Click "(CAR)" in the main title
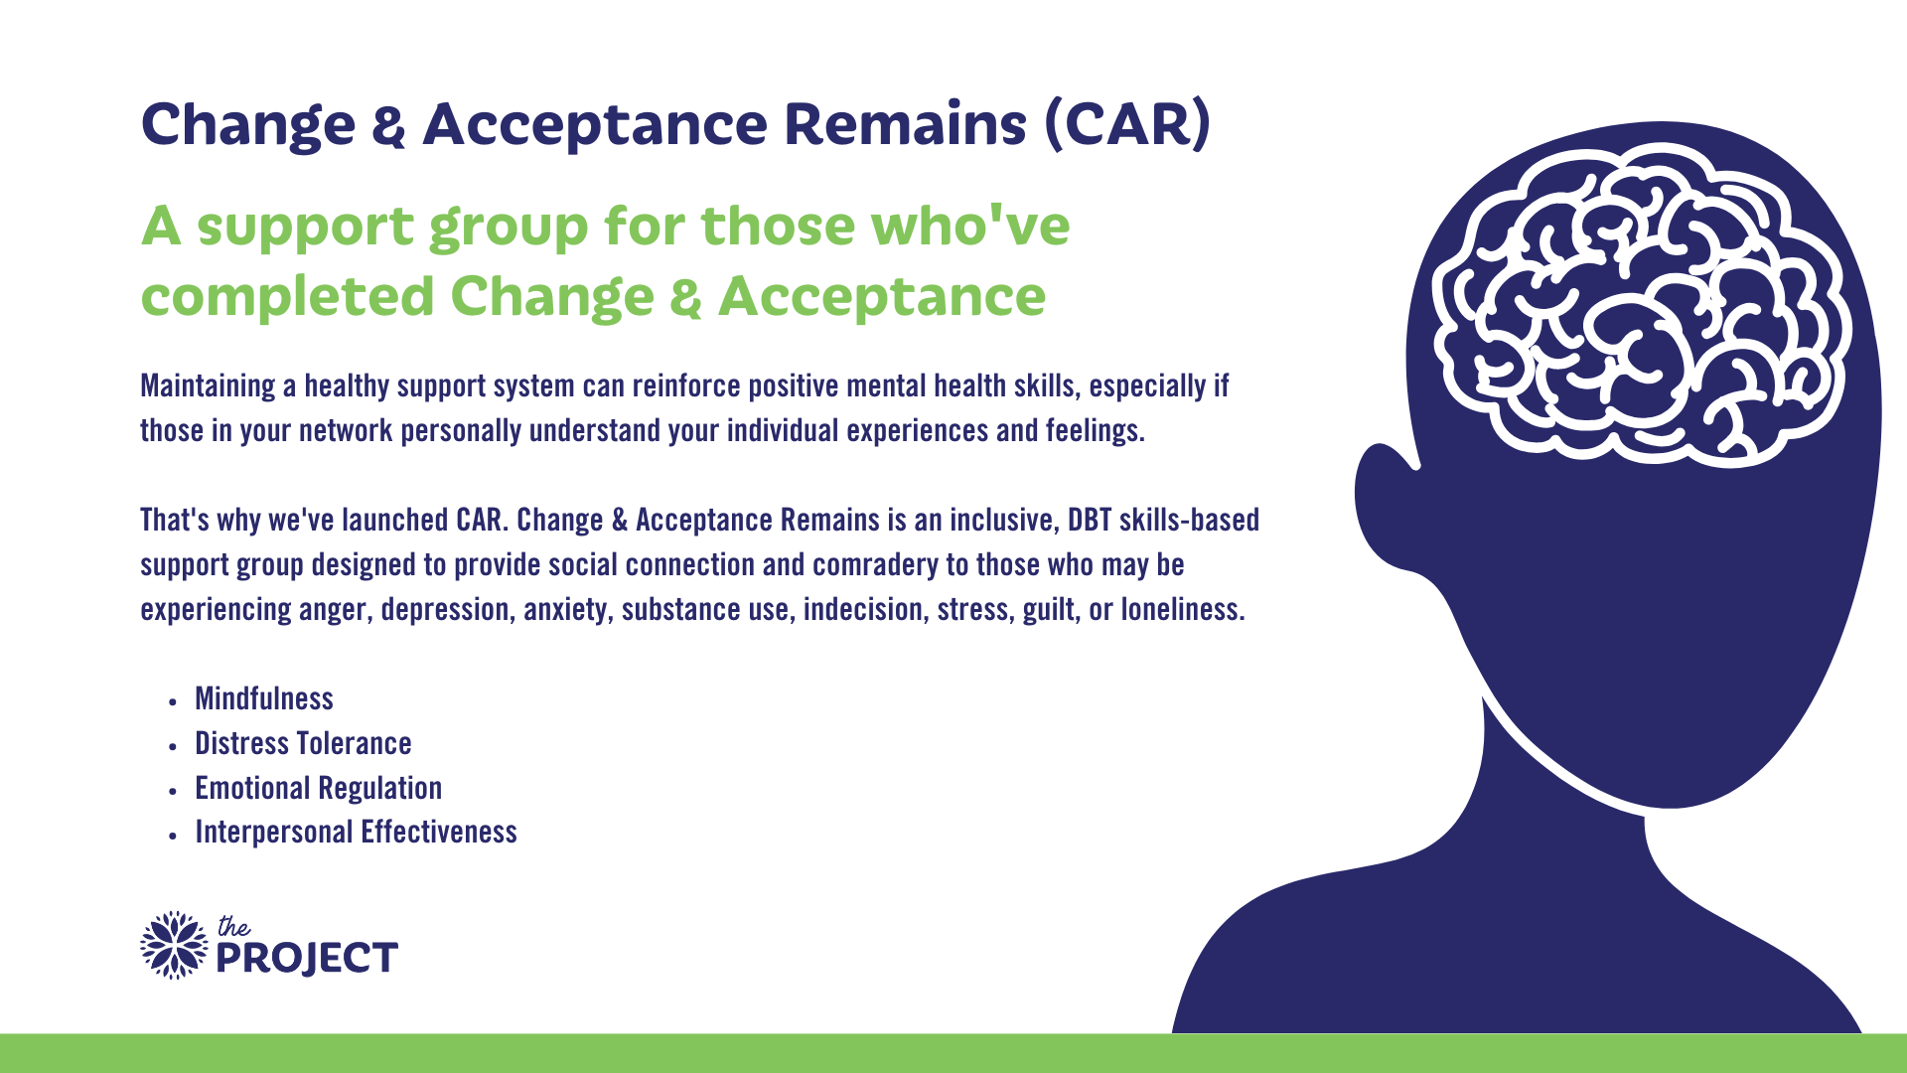tap(1127, 124)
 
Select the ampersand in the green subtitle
tap(685, 297)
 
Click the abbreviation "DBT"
tap(1089, 520)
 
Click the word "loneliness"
tap(1182, 609)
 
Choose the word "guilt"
tap(1051, 609)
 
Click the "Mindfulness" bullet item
tap(264, 698)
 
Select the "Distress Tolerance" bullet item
tap(303, 743)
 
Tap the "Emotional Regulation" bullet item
tap(318, 788)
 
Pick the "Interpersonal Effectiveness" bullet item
tap(356, 832)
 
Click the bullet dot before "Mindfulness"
tap(173, 701)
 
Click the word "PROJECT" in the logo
tap(307, 959)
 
